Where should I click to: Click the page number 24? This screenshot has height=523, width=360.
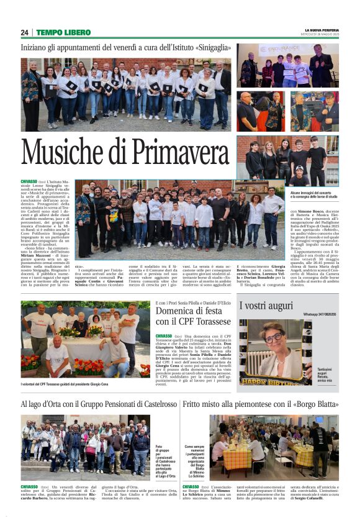pyautogui.click(x=24, y=32)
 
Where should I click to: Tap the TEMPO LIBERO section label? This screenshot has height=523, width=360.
pyautogui.click(x=63, y=32)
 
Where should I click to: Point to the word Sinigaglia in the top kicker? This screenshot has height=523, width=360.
pyautogui.click(x=212, y=47)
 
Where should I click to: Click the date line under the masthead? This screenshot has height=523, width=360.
pyautogui.click(x=322, y=35)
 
